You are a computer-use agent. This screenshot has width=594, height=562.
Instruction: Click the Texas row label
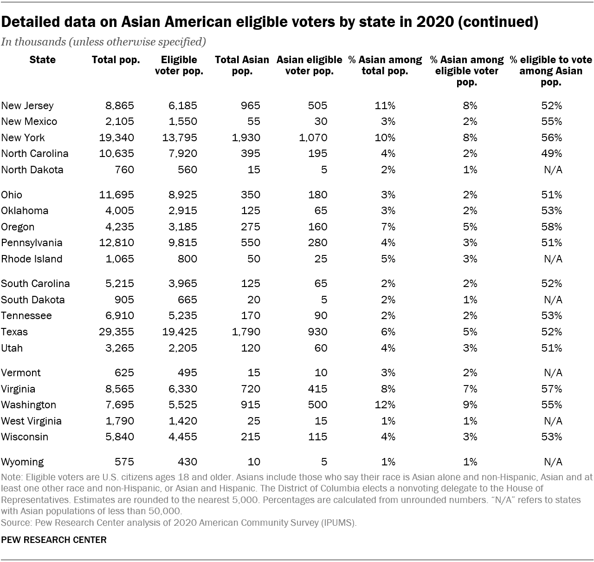[x=14, y=332]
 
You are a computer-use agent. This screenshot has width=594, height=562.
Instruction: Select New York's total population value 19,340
[x=116, y=138]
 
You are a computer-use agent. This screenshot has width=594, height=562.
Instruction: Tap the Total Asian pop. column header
[x=242, y=65]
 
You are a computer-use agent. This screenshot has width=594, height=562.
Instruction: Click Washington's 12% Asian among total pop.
[x=385, y=405]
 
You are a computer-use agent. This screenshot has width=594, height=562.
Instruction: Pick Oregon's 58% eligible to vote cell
[x=551, y=227]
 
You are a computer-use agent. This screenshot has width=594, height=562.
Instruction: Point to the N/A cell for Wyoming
[x=553, y=462]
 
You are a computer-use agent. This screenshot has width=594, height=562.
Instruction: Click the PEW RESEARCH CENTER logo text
[x=54, y=540]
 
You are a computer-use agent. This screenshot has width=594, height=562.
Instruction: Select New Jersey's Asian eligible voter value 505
[x=317, y=106]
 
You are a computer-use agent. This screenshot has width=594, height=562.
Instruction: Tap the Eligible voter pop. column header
[x=179, y=65]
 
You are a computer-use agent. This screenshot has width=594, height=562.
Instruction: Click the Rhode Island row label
[x=32, y=259]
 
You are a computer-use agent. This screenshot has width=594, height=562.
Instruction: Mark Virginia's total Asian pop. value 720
[x=251, y=389]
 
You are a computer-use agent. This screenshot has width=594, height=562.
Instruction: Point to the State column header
[x=42, y=60]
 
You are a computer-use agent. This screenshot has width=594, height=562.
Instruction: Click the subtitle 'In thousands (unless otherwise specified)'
[x=103, y=42]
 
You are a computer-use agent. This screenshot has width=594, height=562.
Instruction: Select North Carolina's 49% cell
[x=551, y=154]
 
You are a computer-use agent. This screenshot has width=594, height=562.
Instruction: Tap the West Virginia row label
[x=31, y=421]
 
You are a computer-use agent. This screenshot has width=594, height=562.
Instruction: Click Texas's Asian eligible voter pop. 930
[x=317, y=332]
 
